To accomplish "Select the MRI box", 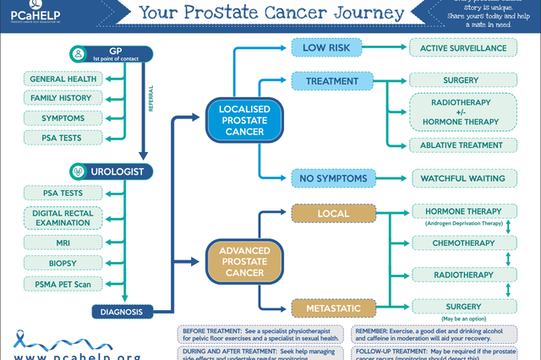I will [x=64, y=243].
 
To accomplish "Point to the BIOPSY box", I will [x=64, y=264].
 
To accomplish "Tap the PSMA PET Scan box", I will [x=64, y=284].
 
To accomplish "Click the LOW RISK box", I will [x=327, y=47].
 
